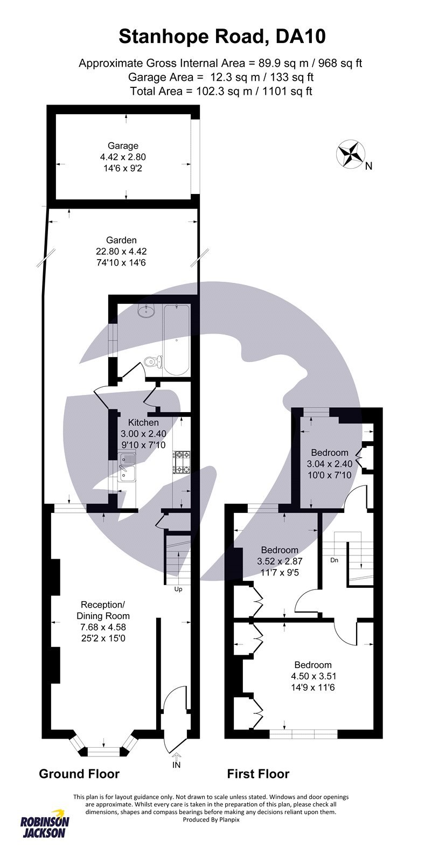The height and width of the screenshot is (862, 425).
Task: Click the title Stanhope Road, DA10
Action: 221,37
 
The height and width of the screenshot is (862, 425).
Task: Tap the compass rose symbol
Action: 350,154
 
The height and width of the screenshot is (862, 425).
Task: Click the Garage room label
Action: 123,145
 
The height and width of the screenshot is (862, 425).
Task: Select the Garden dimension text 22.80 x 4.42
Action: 121,251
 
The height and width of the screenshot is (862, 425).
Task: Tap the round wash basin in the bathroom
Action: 147,310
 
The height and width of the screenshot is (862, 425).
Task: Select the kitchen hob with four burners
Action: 182,462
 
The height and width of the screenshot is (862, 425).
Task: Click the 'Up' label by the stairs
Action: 178,589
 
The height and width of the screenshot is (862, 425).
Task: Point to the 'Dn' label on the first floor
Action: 334,560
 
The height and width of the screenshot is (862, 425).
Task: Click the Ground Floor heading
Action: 79,774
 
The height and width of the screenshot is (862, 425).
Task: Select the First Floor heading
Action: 258,774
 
